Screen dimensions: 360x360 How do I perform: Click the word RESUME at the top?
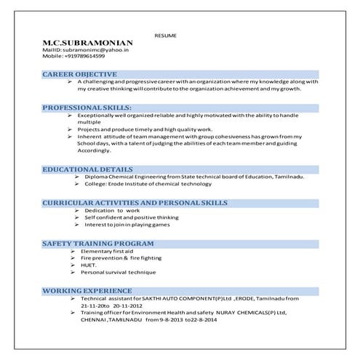click(166, 35)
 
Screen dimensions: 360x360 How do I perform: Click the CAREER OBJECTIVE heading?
click(80, 74)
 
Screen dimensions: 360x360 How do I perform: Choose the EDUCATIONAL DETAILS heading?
click(87, 169)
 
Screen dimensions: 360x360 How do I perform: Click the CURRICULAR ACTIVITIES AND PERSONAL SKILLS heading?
click(135, 202)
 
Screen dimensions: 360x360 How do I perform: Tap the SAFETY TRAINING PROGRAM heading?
click(97, 243)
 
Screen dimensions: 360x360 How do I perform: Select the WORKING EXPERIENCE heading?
click(87, 290)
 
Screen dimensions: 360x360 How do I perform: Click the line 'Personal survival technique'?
click(118, 272)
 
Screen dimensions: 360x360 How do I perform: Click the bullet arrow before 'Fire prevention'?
click(73, 258)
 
